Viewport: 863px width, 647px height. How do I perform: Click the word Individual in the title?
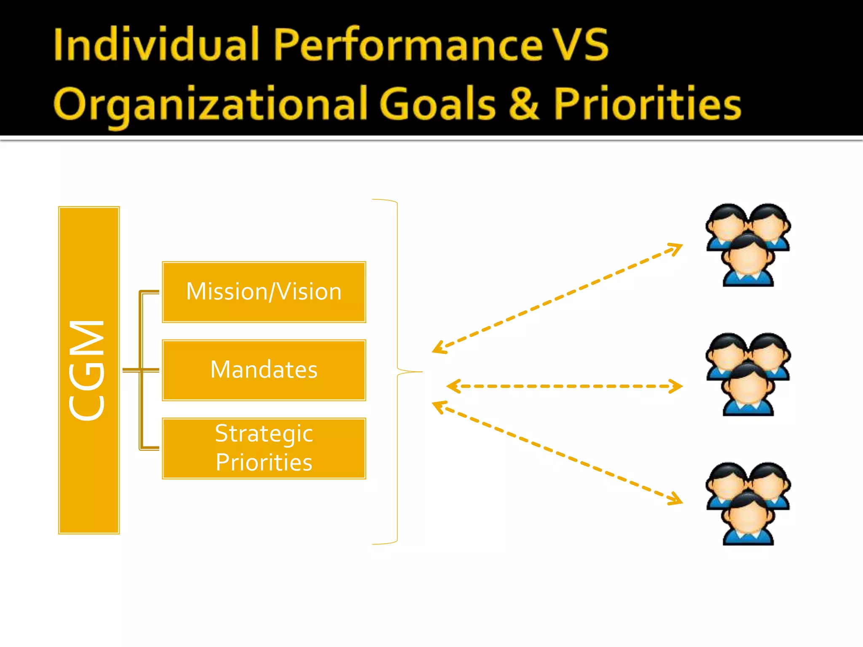click(x=156, y=44)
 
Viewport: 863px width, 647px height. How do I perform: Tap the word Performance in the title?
click(x=408, y=44)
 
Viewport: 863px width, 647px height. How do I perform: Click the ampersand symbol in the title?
click(x=524, y=104)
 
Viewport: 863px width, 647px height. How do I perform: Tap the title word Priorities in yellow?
click(x=647, y=104)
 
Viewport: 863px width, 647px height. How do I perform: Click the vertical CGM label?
click(x=88, y=370)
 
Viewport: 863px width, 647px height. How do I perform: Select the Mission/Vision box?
click(x=264, y=292)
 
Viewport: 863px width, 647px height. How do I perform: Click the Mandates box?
click(x=264, y=370)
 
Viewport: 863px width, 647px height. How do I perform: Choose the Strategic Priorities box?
click(x=264, y=448)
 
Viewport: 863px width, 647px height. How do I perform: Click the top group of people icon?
click(x=748, y=245)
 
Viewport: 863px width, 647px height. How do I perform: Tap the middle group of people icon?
click(x=748, y=374)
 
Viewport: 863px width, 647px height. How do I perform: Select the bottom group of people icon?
click(x=748, y=503)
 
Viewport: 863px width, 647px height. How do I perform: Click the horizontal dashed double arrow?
click(x=565, y=386)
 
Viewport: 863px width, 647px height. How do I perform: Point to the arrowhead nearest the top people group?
click(x=676, y=248)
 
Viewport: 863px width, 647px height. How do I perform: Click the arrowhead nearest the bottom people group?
click(x=676, y=499)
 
